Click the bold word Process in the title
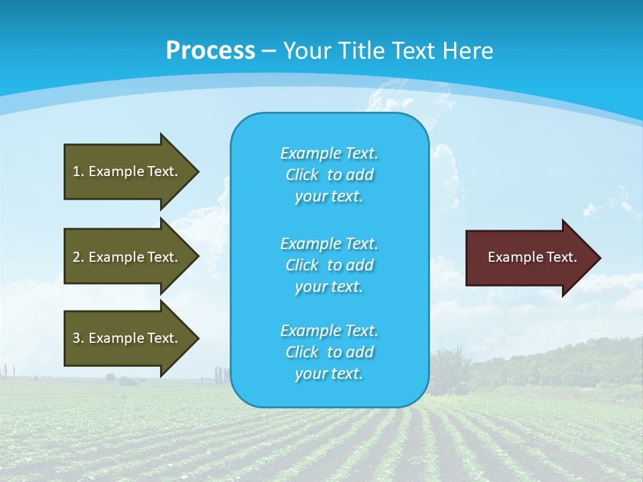[x=210, y=51]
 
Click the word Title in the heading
[x=358, y=51]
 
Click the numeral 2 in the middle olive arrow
[x=76, y=257]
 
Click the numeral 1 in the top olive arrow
[x=76, y=171]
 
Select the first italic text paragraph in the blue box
[x=329, y=175]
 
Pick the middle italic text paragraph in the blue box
[x=329, y=265]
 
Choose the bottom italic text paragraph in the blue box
[x=329, y=352]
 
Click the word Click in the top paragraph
[x=301, y=175]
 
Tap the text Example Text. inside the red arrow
[x=532, y=257]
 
